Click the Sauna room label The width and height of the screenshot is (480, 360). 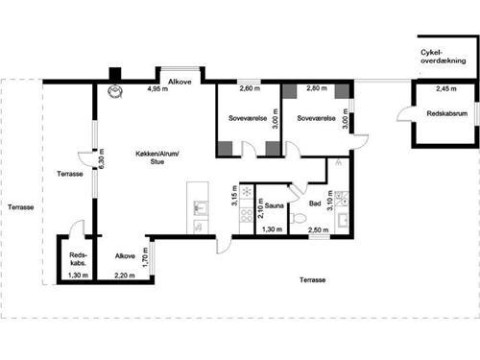pos(275,205)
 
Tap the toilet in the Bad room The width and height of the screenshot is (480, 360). pos(299,218)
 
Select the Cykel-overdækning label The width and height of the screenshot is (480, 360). pos(444,57)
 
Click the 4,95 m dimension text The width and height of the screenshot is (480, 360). pos(157,88)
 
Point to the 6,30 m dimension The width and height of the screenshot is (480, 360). pos(102,158)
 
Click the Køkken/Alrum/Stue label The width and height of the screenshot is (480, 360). pos(157,157)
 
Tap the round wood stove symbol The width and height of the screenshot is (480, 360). pos(115,90)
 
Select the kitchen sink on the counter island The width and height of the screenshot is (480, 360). pos(201,208)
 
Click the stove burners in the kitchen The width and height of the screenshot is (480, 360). pos(247,216)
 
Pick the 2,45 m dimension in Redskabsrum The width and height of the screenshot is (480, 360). pos(446,88)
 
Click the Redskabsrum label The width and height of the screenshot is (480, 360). pos(447,113)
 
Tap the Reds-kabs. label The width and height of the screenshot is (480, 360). pos(78,259)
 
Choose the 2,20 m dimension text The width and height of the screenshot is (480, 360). pos(125,276)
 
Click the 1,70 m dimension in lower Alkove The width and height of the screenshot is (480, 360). pos(145,257)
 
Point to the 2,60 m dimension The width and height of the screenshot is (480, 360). pos(250,88)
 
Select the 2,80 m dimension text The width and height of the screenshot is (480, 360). pos(317,88)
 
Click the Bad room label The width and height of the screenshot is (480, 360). pos(315,204)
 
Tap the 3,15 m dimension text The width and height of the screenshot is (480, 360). pos(234,195)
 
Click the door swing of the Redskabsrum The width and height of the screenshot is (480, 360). pos(404,114)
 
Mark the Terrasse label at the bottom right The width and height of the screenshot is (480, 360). pos(312,280)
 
